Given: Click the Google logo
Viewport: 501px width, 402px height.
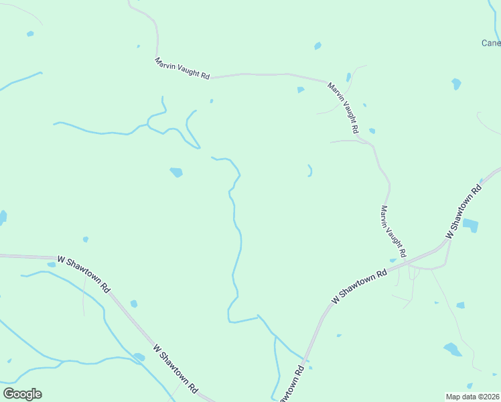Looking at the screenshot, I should (x=22, y=394).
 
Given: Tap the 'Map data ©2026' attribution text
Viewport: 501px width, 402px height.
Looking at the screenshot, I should (x=472, y=397).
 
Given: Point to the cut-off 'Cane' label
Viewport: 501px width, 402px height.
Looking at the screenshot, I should (x=491, y=43).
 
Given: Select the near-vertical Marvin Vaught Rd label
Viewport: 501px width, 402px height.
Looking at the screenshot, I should (x=393, y=232).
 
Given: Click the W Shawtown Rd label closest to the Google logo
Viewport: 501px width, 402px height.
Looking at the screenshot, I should (x=176, y=368).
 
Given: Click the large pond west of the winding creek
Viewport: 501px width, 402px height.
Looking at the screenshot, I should (x=176, y=172).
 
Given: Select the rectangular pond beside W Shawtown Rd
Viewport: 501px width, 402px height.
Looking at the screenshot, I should (x=471, y=225).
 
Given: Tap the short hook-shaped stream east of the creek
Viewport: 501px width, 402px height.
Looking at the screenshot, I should (x=310, y=170).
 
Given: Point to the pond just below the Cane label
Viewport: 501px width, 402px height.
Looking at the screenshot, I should (x=456, y=84).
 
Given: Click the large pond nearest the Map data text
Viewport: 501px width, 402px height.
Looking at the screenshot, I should (x=453, y=349).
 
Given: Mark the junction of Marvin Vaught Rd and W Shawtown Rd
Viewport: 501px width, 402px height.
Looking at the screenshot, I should (x=407, y=261).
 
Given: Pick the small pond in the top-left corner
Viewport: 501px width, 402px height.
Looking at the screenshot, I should (x=29, y=33).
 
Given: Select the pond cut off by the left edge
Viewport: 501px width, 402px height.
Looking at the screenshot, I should (x=3, y=217).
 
